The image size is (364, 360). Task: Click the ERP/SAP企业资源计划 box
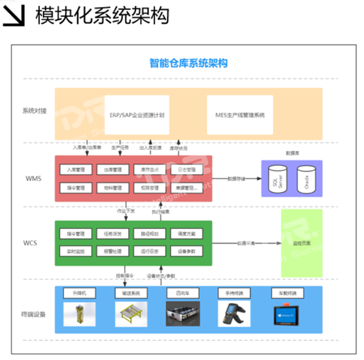coord(137,114)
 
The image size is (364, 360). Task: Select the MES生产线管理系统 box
coord(241,114)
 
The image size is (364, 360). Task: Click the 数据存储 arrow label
coord(236,179)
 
